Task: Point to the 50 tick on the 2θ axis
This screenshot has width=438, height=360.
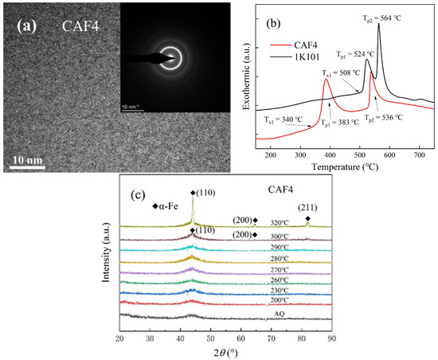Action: [x=210, y=338]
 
